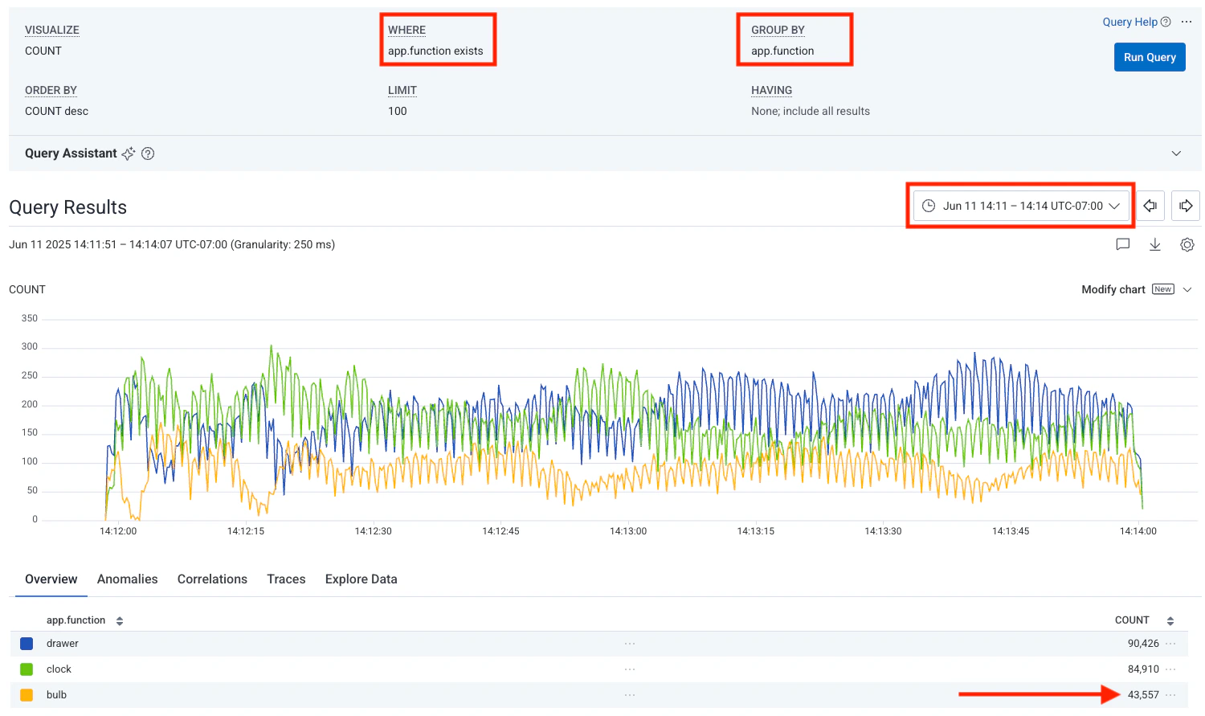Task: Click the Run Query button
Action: click(x=1149, y=57)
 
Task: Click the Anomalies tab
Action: click(x=127, y=579)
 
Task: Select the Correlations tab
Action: click(x=212, y=579)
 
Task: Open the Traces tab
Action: click(x=286, y=579)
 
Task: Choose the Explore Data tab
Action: click(x=361, y=579)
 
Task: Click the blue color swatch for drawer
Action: click(x=27, y=644)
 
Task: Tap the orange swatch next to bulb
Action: click(x=27, y=695)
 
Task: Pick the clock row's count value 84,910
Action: click(x=1142, y=669)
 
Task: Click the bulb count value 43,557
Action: click(x=1142, y=695)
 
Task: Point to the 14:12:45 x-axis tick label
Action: click(x=500, y=531)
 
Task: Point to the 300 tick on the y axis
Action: click(x=30, y=346)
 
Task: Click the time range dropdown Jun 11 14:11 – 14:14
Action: click(x=1021, y=206)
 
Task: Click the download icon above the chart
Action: click(x=1154, y=244)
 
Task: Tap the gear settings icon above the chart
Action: click(x=1187, y=244)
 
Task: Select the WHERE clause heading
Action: click(x=406, y=30)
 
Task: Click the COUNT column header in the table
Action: click(x=1132, y=620)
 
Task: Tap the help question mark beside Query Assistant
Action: click(x=148, y=153)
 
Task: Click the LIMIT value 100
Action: click(x=398, y=111)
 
